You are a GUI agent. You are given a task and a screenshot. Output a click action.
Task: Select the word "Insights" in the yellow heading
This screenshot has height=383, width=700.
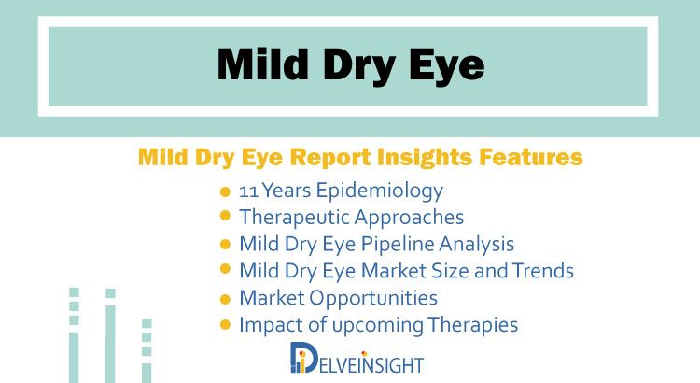click(424, 157)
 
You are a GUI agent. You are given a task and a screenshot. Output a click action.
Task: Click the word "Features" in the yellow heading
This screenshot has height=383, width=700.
click(531, 157)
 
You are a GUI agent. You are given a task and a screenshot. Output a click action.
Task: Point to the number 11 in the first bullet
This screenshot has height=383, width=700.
click(248, 191)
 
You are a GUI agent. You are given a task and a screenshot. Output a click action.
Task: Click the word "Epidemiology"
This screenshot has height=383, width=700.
click(380, 191)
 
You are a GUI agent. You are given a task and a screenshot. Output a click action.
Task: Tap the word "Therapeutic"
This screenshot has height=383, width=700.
click(295, 218)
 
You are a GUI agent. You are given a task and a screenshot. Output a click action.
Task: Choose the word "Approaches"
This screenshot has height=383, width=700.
click(409, 218)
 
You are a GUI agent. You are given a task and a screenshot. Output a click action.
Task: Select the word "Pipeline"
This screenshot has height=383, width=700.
click(397, 245)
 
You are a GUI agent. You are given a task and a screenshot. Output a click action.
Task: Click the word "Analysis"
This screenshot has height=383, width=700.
click(476, 245)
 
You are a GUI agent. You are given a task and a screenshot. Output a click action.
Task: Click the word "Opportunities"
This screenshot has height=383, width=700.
click(373, 299)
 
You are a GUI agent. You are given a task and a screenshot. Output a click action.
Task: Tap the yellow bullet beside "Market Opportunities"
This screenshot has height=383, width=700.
click(226, 299)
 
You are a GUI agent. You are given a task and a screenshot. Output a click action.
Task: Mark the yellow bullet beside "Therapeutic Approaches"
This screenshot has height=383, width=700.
click(226, 216)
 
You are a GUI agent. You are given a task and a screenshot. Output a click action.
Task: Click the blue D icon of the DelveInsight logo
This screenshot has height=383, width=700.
click(303, 358)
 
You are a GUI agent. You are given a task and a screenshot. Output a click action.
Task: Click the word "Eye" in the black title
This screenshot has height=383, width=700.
click(446, 66)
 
